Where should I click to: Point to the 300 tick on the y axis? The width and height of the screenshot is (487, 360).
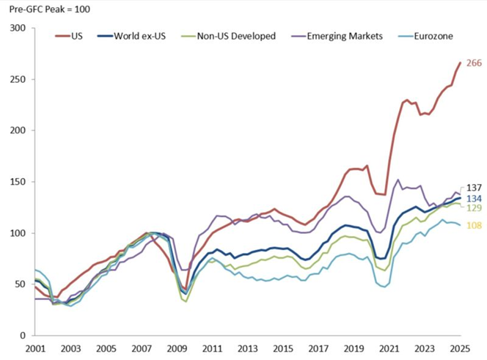coord(18,29)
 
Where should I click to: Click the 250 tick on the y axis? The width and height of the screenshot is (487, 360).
coord(18,80)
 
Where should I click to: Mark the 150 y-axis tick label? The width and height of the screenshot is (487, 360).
coord(18,182)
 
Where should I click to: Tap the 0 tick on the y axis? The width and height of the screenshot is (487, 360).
coord(23,336)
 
